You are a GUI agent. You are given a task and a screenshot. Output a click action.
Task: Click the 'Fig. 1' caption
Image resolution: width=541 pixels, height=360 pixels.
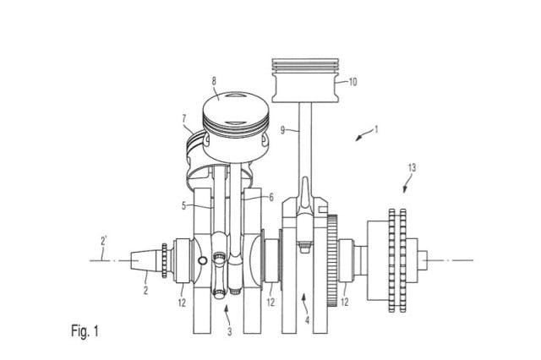coord(85,331)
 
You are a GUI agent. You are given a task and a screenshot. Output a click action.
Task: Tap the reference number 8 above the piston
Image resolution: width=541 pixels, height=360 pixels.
coord(214,81)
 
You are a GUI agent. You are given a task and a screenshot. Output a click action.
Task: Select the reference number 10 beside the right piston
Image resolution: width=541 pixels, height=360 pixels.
coord(352,82)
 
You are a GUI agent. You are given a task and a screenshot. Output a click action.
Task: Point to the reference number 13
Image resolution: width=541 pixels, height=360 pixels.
coord(412,168)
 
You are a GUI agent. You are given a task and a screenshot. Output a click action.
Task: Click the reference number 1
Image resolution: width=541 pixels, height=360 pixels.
coord(376,129)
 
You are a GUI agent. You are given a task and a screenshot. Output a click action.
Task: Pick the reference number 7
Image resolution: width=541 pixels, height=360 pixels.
coord(184,119)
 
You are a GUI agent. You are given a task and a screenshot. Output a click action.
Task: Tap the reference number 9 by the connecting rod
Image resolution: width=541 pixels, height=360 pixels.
coord(282,131)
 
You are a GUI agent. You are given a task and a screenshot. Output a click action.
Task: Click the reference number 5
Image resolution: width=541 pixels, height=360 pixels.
coord(184,206)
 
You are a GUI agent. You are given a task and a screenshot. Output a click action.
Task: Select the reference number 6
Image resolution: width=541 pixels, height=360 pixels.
coord(271,197)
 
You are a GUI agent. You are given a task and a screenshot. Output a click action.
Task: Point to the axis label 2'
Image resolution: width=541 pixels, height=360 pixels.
coord(103,241)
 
